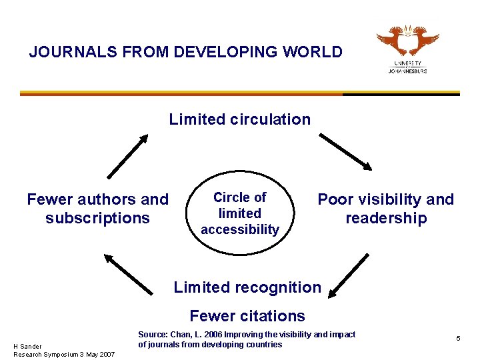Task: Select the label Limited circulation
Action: point(239,119)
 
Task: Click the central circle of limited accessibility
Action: point(240,213)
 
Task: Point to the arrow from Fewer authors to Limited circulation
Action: point(127,156)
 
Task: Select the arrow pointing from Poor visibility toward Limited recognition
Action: point(349,275)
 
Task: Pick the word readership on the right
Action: point(386,218)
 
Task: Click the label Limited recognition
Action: point(247,287)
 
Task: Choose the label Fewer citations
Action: point(247,315)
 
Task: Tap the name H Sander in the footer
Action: point(27,346)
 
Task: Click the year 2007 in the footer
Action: point(106,353)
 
